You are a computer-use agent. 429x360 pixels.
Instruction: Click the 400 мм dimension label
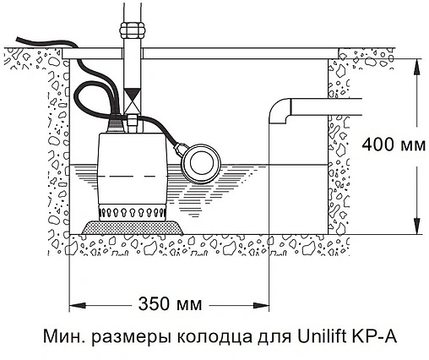tap(389, 145)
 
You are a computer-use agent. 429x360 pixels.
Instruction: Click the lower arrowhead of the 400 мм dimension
tap(416, 229)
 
